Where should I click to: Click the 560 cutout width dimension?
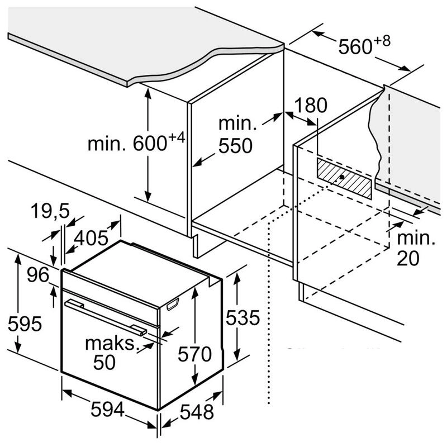click(x=355, y=46)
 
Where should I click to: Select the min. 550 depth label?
click(x=235, y=136)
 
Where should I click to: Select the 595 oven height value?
click(x=21, y=324)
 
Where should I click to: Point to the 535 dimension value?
click(x=241, y=318)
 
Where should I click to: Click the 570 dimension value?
click(x=195, y=354)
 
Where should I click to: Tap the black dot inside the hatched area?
click(x=341, y=178)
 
